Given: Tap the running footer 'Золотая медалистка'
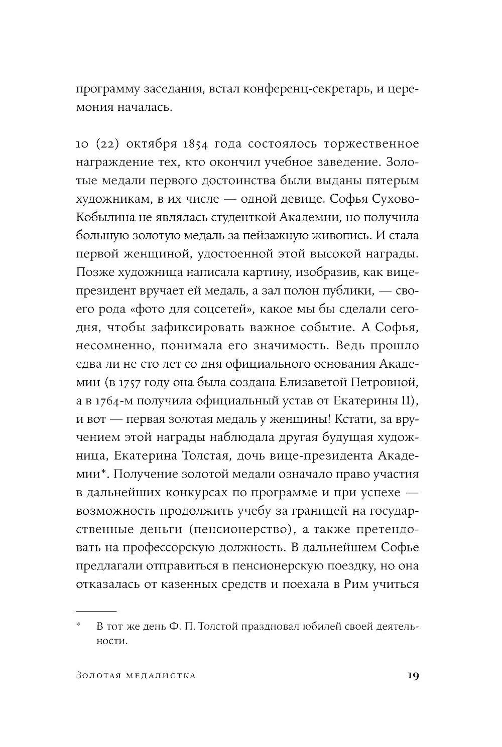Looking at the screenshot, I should [136, 676].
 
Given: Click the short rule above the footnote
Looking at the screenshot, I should [96, 611].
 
